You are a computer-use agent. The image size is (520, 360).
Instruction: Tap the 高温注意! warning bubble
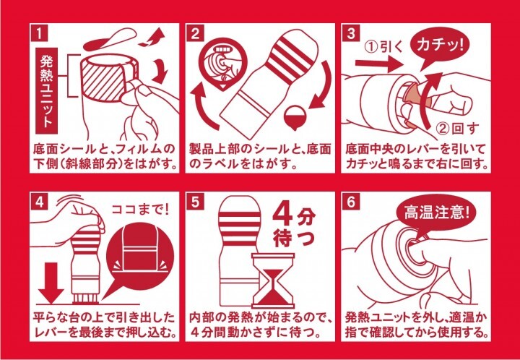point(431,214)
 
